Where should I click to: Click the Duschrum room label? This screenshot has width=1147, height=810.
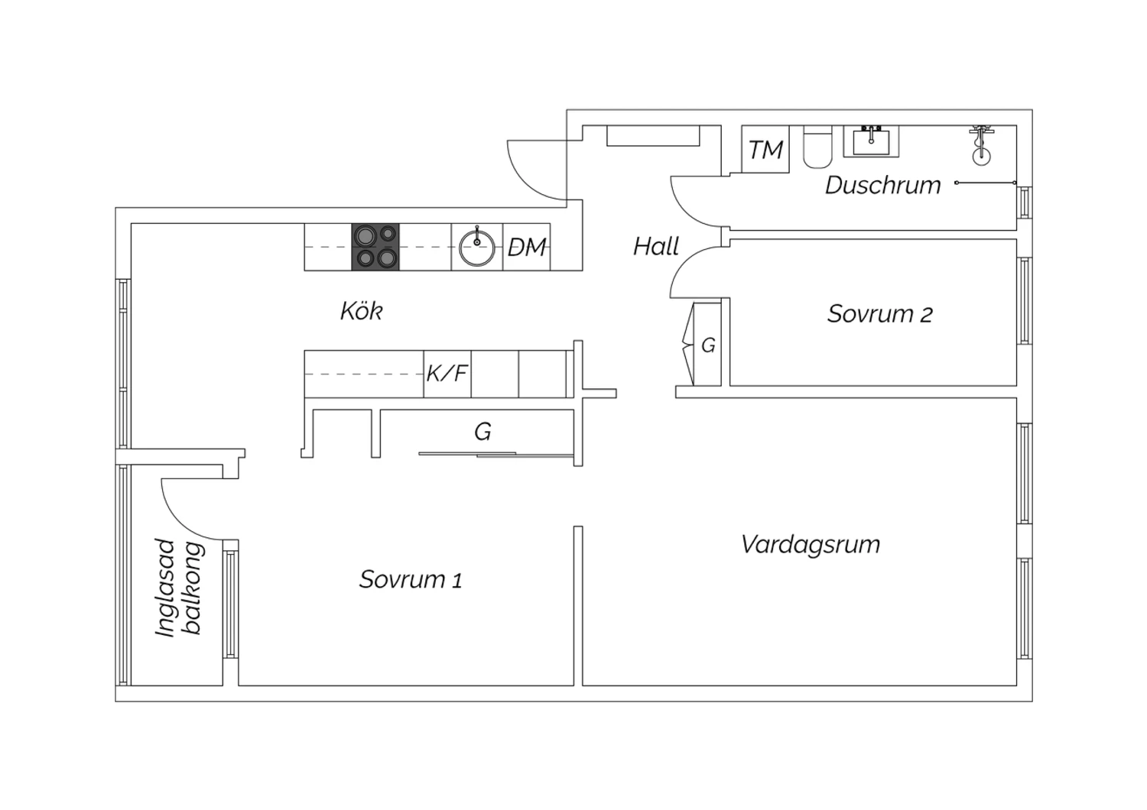(x=882, y=186)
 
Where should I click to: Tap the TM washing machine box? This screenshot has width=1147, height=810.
(x=765, y=150)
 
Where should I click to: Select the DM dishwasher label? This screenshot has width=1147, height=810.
(x=528, y=247)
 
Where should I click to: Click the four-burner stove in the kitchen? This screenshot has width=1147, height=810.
(x=375, y=247)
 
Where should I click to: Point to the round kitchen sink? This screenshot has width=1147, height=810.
(x=477, y=247)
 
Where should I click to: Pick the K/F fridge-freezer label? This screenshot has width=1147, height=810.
(x=447, y=374)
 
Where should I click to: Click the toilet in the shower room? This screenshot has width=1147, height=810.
(x=817, y=147)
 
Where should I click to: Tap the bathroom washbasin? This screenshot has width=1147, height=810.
(x=871, y=141)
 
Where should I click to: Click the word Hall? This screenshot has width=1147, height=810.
(x=656, y=247)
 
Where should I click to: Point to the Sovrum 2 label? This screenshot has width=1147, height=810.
(x=879, y=314)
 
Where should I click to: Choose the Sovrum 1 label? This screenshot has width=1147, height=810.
(x=411, y=579)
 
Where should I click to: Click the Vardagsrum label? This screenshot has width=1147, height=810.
(x=811, y=545)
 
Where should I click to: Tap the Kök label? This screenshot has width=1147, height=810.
(x=361, y=312)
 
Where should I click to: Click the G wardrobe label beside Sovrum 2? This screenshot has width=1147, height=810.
(x=708, y=345)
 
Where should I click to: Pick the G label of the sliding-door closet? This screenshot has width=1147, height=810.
(x=483, y=433)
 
